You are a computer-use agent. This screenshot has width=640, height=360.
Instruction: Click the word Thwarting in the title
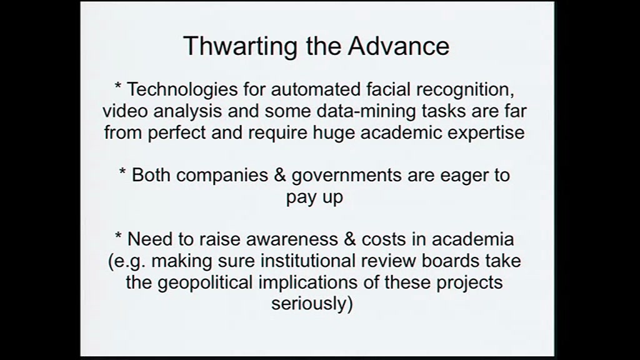[x=241, y=46]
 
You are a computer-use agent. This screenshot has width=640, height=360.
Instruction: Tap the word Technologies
[x=182, y=90]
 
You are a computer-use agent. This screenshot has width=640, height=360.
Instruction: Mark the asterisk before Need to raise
[x=118, y=235]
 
